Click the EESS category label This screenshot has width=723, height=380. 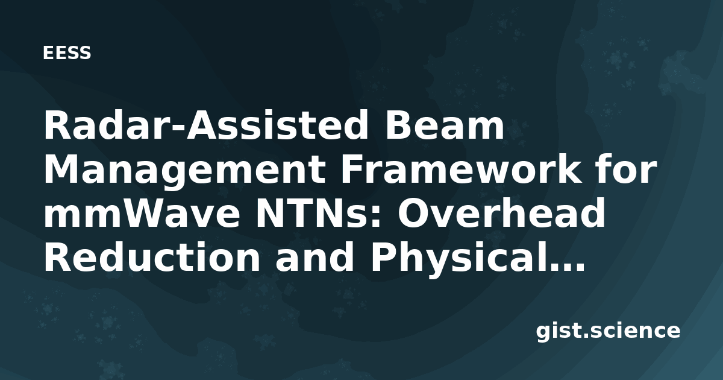point(67,53)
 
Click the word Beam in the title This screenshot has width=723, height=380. point(445,125)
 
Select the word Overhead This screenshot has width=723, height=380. point(501,212)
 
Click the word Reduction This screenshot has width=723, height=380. point(152,257)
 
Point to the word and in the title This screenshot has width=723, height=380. point(315,257)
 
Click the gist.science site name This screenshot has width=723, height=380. point(608,332)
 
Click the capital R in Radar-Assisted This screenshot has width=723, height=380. point(58,125)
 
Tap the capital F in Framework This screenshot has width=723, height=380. point(354,169)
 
